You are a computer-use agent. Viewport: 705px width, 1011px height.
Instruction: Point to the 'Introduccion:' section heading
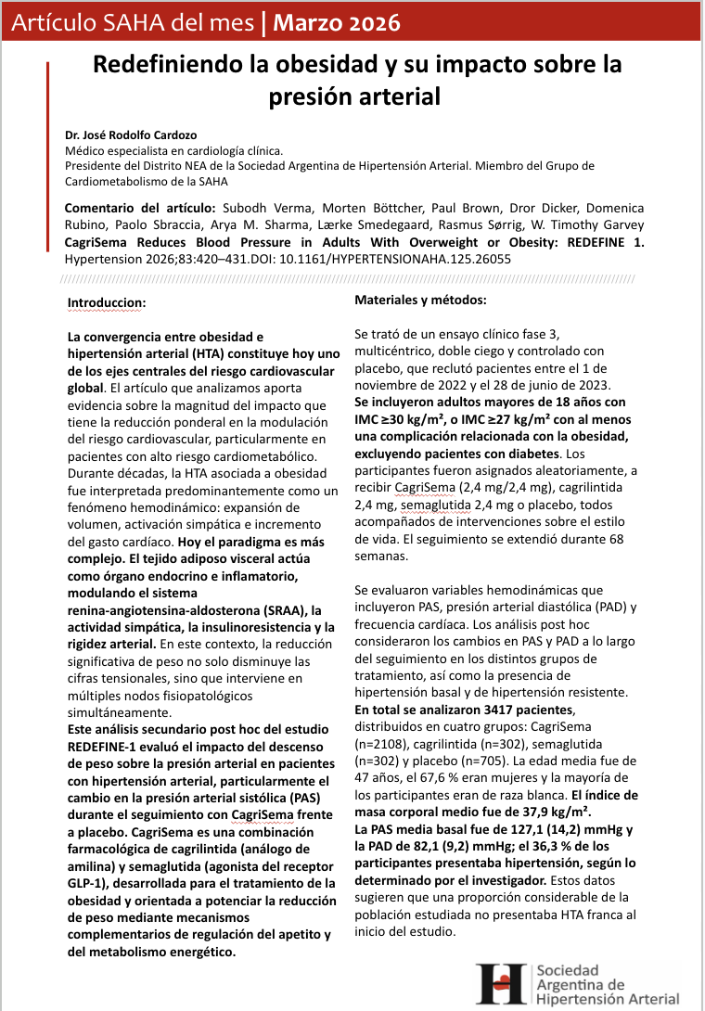(x=106, y=302)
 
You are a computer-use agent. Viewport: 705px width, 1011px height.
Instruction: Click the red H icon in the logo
(x=501, y=982)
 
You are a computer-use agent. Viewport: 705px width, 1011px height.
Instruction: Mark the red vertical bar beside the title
(x=47, y=93)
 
